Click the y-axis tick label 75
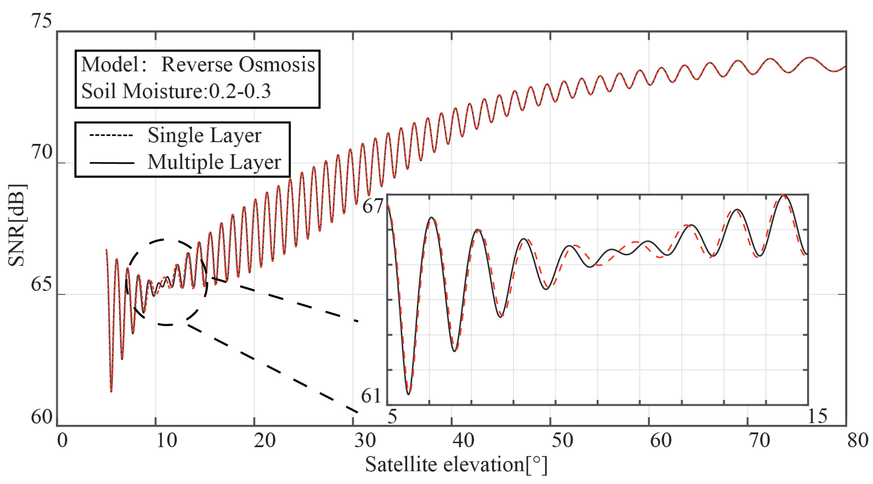coord(41,21)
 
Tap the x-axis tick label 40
coord(463,441)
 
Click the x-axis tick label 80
coord(858,441)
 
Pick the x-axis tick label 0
coord(62,441)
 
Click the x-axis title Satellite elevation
coord(456,464)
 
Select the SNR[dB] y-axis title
coord(16,226)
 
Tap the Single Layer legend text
coord(204,135)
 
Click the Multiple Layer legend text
coord(214,162)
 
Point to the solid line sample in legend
coord(112,163)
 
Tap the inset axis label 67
coord(373,206)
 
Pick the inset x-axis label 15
coord(817,416)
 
